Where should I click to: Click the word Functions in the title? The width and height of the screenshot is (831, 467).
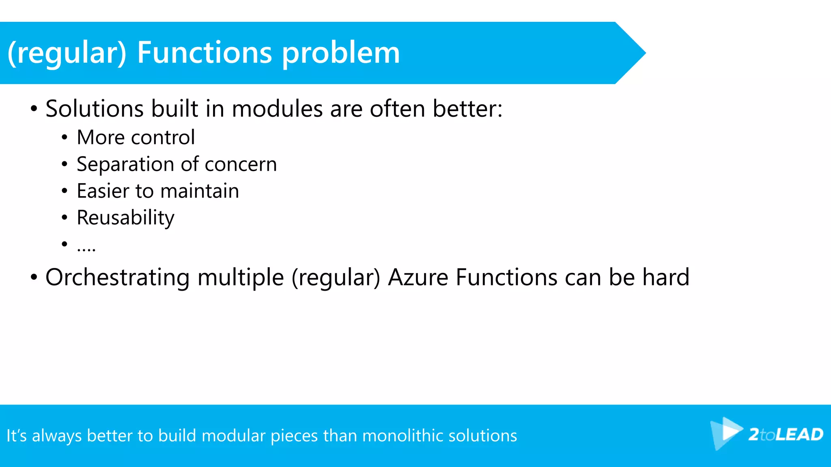pos(204,53)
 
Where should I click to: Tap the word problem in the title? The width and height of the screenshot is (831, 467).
pos(341,54)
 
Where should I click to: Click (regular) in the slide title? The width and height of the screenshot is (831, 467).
pos(67,54)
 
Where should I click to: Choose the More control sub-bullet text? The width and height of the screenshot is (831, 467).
pos(136,137)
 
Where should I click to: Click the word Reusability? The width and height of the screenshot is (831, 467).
pos(125,218)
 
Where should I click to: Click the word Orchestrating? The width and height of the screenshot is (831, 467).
pos(117,278)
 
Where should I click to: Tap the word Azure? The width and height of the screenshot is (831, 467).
pos(418,278)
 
